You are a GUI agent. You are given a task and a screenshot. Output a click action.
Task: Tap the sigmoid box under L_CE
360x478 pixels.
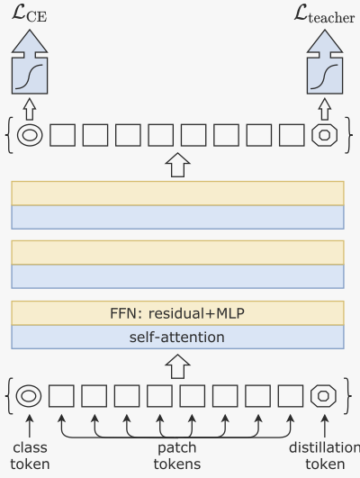(31, 73)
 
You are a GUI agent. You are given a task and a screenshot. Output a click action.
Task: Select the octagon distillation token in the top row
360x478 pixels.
(323, 136)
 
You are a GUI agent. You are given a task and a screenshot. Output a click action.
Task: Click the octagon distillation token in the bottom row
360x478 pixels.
(323, 395)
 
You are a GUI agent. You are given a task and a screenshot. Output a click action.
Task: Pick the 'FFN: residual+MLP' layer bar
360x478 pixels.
(177, 313)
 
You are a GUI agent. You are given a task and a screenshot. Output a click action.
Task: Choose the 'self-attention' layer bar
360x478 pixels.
(177, 338)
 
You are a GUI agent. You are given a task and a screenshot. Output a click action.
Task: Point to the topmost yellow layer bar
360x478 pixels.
(177, 193)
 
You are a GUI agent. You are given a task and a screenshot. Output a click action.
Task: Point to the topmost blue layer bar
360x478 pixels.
(177, 217)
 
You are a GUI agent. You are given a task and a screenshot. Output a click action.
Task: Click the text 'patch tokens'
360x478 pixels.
(176, 455)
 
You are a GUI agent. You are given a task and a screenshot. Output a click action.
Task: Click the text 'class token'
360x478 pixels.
(30, 455)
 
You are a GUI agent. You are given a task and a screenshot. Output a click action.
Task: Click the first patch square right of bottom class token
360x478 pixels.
(62, 395)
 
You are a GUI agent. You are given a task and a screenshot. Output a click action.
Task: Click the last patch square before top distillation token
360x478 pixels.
(292, 136)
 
